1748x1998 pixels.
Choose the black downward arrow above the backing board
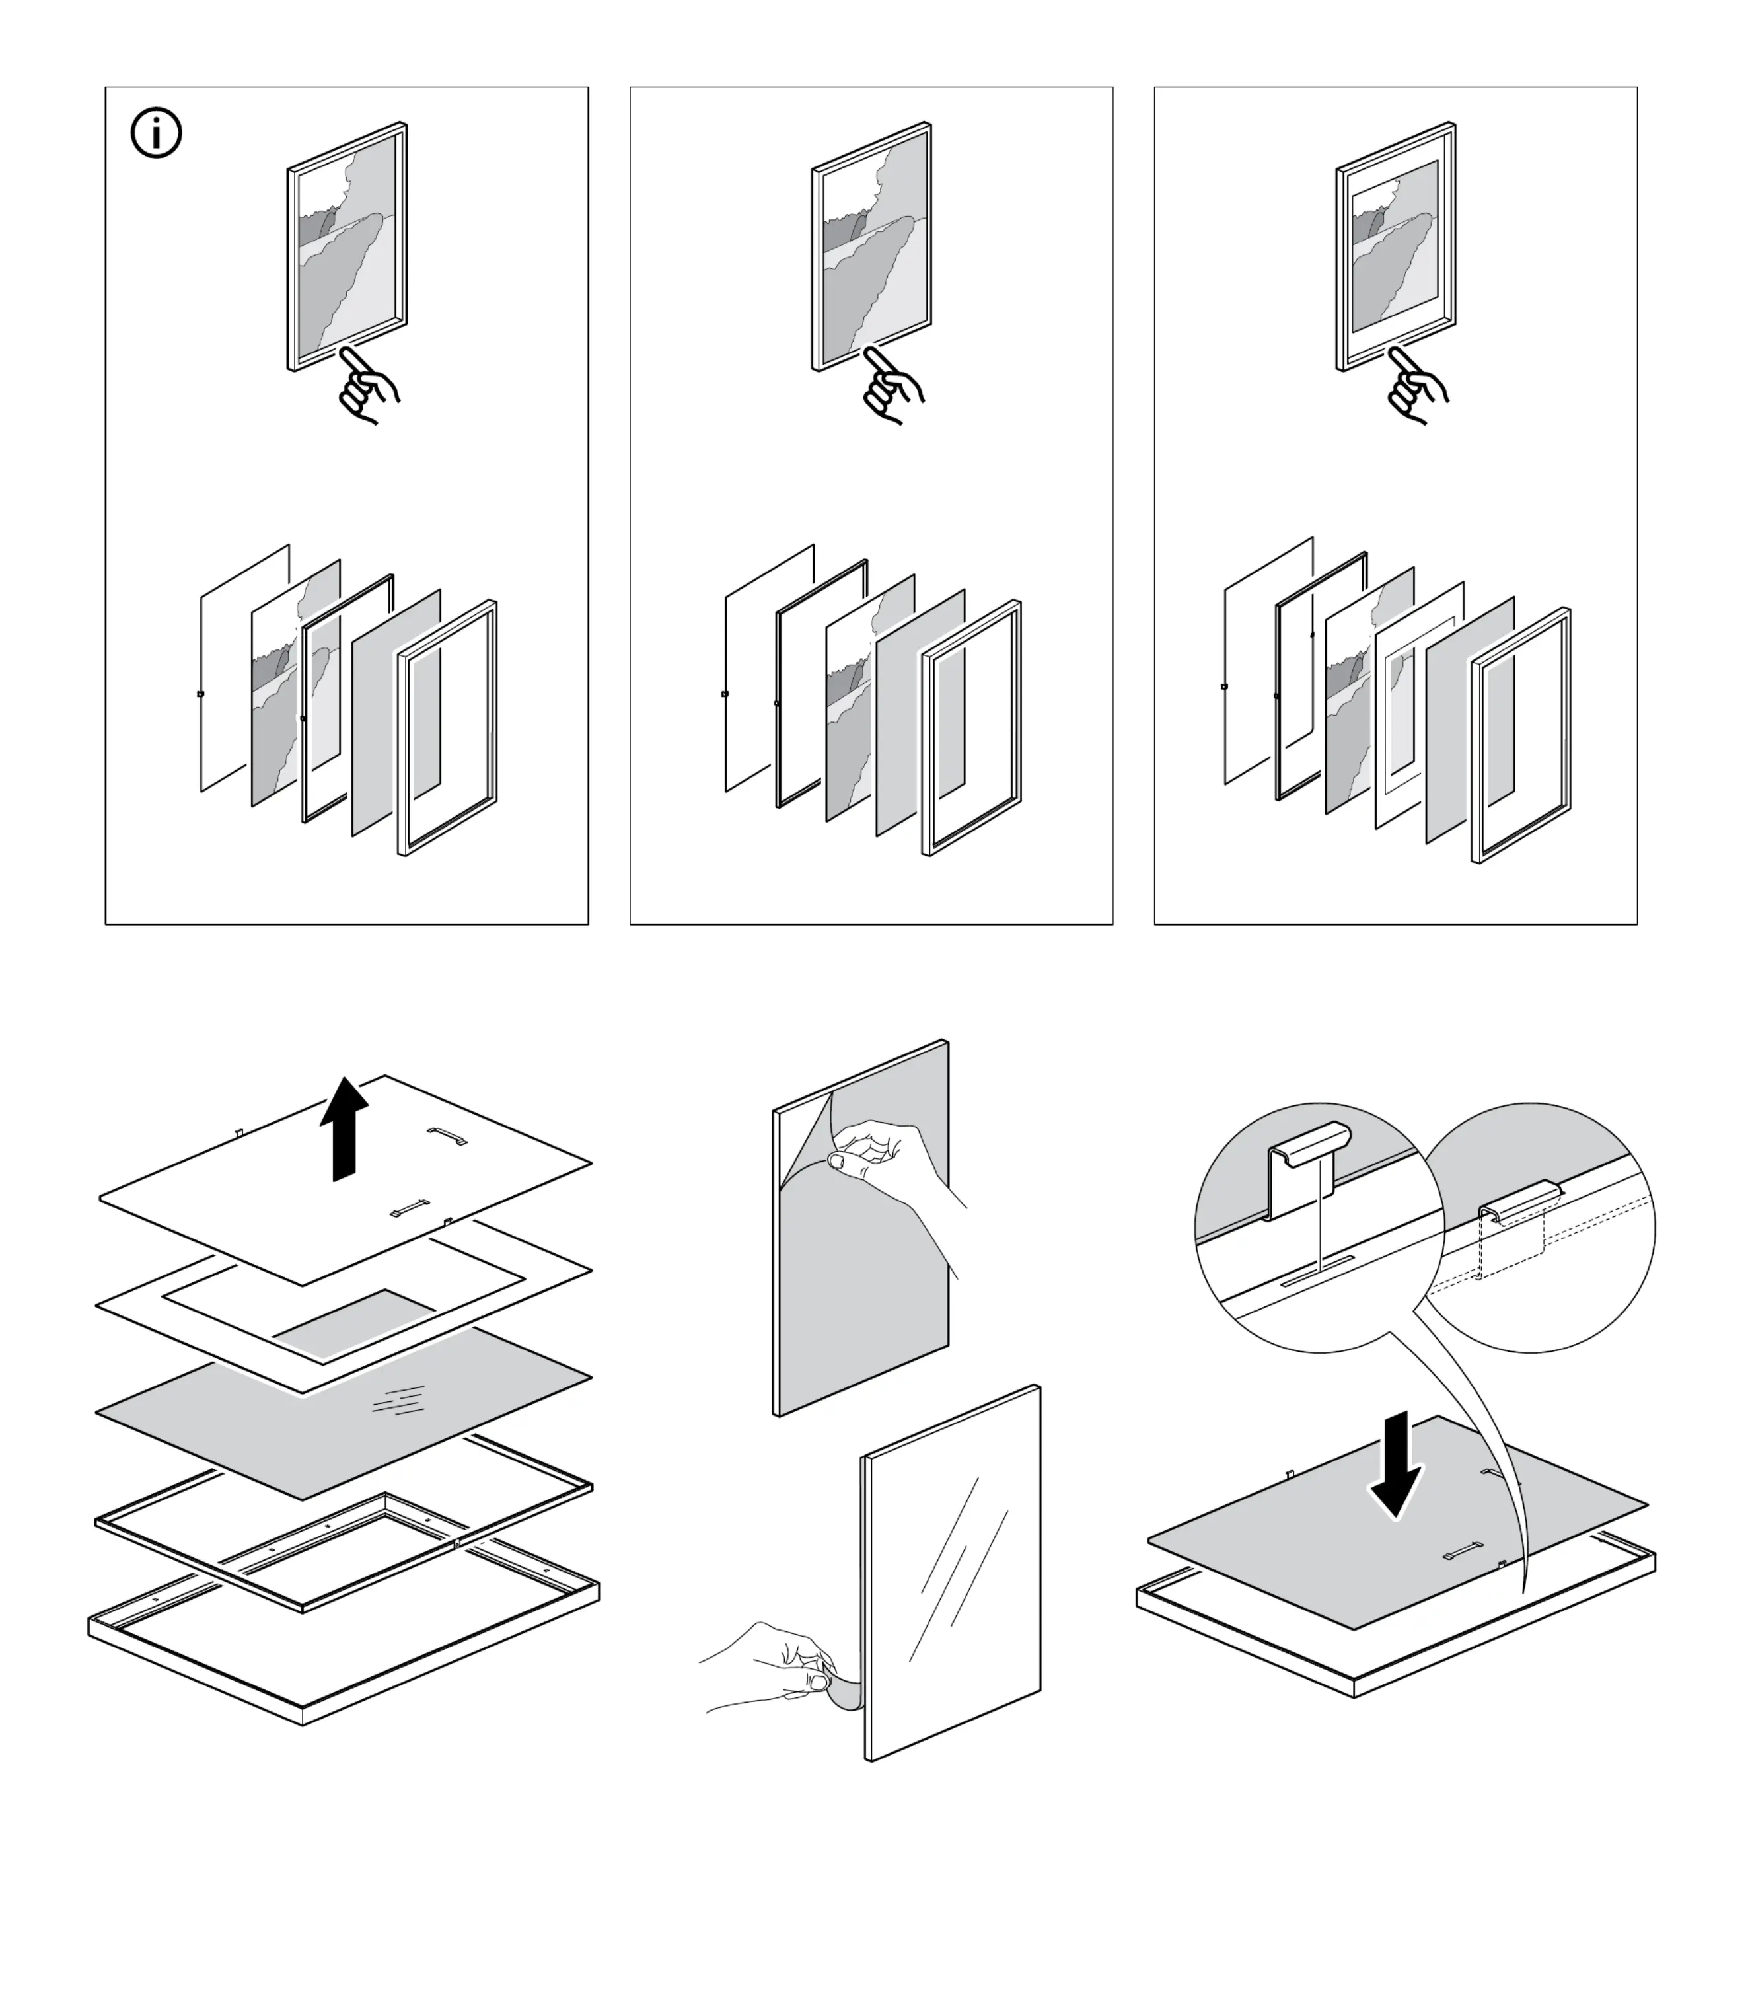1396,1463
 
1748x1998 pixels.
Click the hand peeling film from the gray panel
892,1165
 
